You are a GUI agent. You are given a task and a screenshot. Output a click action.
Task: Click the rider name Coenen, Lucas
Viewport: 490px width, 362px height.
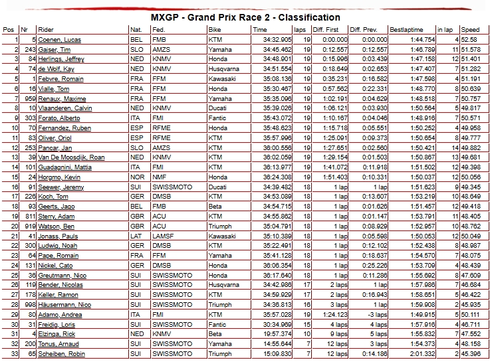[x=60, y=40]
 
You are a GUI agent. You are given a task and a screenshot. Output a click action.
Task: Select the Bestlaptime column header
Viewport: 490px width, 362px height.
[x=407, y=30]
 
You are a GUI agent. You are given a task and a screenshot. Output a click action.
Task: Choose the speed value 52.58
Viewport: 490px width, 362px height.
[x=470, y=40]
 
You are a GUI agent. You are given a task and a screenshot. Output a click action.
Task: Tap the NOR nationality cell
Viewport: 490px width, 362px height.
[x=137, y=177]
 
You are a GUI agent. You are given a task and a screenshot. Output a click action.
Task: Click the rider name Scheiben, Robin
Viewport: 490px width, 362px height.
[x=61, y=353]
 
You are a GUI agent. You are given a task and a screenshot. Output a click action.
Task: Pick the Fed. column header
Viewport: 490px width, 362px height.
[x=158, y=30]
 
